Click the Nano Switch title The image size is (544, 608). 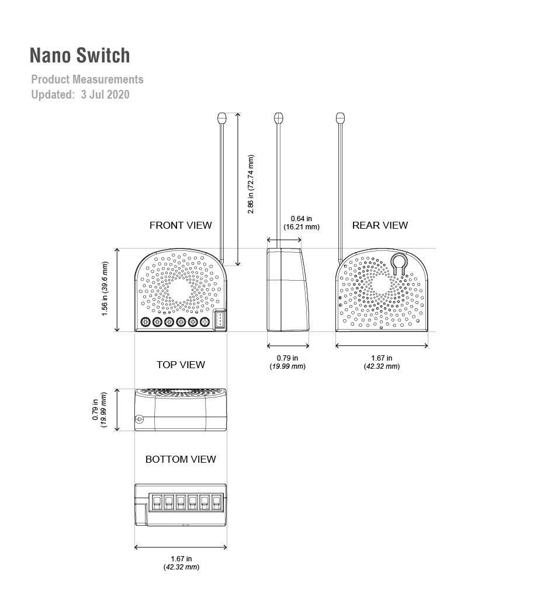pos(79,55)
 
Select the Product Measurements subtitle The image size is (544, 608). pos(88,79)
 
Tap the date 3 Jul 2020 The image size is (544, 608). pos(105,95)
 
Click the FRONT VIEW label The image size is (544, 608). pos(181,225)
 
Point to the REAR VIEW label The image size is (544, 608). pos(380,225)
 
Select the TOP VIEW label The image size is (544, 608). pos(181,365)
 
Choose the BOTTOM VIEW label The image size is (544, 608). pos(181,459)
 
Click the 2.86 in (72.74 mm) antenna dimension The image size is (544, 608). pos(251,184)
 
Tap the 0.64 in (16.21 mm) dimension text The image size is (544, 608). pos(302,223)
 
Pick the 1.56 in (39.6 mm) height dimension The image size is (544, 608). pos(105,289)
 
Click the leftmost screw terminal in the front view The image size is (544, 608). pos(145,322)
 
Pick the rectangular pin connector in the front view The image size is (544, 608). pos(220,320)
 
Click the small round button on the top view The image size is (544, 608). pos(139,419)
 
